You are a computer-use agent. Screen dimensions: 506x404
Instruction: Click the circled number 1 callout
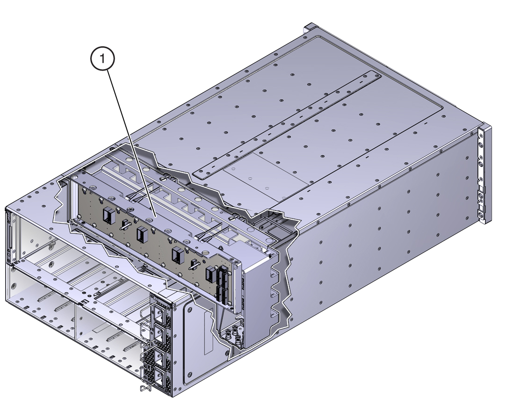[x=102, y=58]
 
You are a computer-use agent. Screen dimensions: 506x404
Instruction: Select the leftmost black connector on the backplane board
[x=108, y=215]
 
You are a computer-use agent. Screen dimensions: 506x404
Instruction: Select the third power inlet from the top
[x=160, y=357]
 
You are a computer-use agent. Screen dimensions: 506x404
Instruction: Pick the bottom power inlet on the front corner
[x=160, y=376]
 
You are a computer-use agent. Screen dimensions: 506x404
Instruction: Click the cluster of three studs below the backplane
[x=234, y=336]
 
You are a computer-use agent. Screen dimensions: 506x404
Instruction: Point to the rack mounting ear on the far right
[x=484, y=173]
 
